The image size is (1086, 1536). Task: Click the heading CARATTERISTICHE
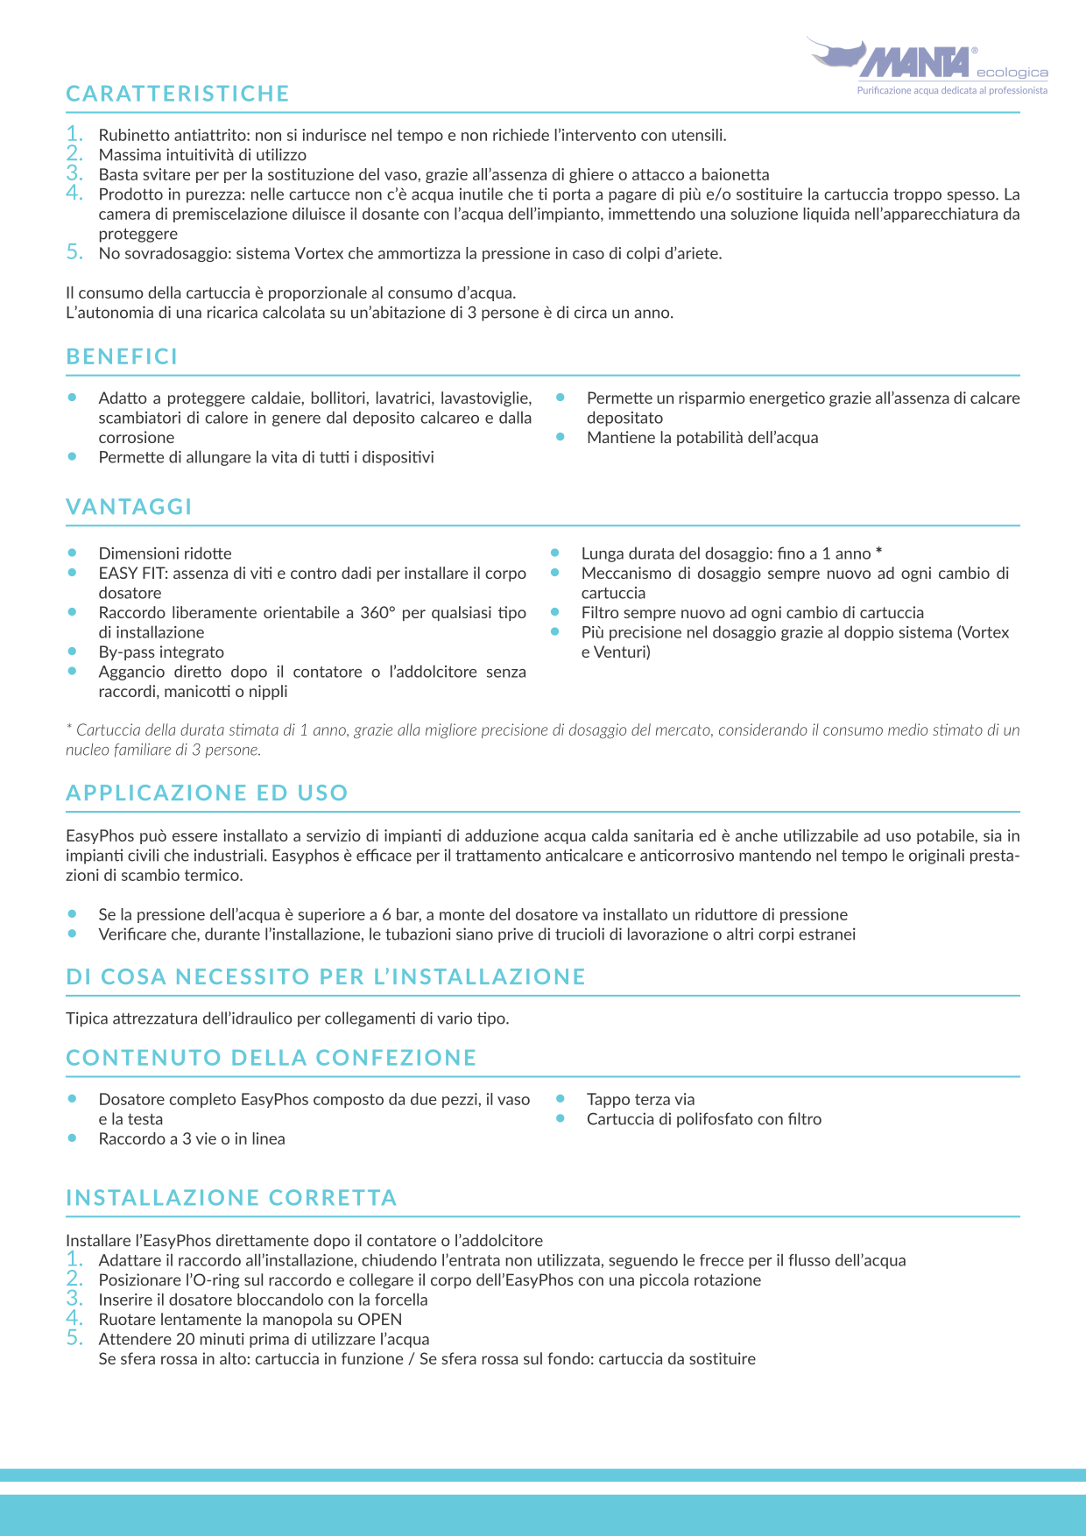tap(178, 94)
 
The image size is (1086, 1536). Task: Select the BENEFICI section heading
tap(122, 356)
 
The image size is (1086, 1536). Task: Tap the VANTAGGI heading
tap(129, 507)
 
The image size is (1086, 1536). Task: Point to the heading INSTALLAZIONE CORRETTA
tap(231, 1197)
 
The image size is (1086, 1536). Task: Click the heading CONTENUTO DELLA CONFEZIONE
tap(271, 1057)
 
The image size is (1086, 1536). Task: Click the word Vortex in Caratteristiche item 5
tap(319, 254)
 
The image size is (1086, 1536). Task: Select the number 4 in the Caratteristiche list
tap(74, 193)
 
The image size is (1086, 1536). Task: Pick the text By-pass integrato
tap(161, 652)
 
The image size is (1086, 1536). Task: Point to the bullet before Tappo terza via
tap(561, 1098)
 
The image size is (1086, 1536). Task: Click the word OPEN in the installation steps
tap(380, 1320)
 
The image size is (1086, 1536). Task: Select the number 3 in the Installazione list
tap(74, 1299)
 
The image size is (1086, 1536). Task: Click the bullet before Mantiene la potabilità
tap(561, 436)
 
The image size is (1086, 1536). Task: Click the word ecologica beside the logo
tap(1012, 73)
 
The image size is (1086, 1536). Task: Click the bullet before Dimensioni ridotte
tap(73, 553)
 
